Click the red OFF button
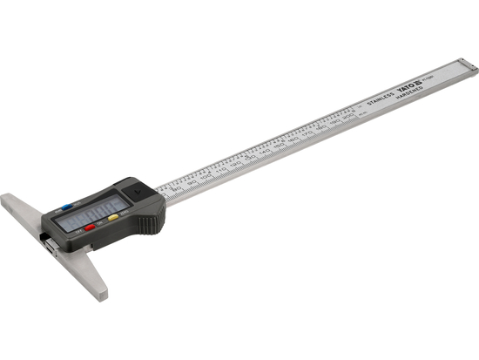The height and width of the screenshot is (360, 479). (x=90, y=228)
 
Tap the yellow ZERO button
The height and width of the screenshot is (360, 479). (x=113, y=217)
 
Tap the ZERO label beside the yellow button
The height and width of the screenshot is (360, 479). (x=124, y=212)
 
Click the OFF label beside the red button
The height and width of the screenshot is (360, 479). (x=78, y=232)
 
